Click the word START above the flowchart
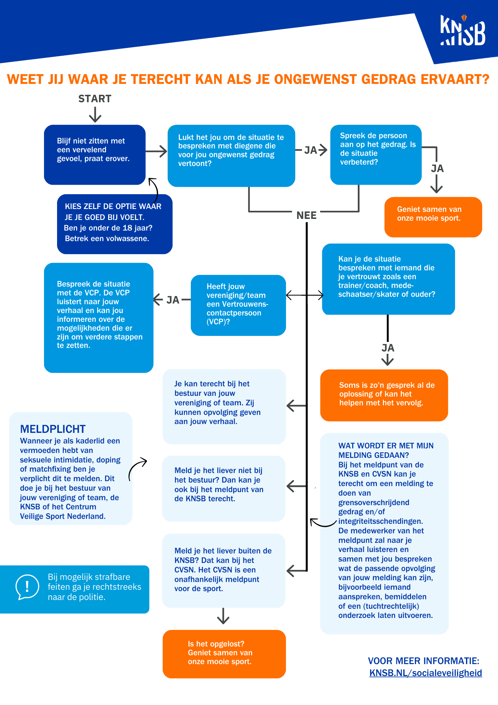pos(95,99)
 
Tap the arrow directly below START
pos(95,115)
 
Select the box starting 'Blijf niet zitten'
pos(94,154)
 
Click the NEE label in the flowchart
pos(306,215)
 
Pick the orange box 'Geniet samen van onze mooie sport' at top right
pos(433,217)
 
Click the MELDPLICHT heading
pos(53,429)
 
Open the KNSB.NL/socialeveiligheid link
pos(425,673)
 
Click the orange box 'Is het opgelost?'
pos(224,654)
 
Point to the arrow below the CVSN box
pos(223,616)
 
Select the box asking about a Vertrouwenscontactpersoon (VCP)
pos(238,305)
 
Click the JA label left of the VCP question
pos(173,300)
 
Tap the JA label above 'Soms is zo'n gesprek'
pos(388,348)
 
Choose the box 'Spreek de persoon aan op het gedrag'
pos(376,154)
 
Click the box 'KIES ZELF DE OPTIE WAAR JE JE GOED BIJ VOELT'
pos(114,224)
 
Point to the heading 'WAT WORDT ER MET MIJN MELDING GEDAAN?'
pos(386,450)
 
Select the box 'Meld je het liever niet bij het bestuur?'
pos(223,488)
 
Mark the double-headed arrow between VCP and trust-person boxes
pos(304,295)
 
